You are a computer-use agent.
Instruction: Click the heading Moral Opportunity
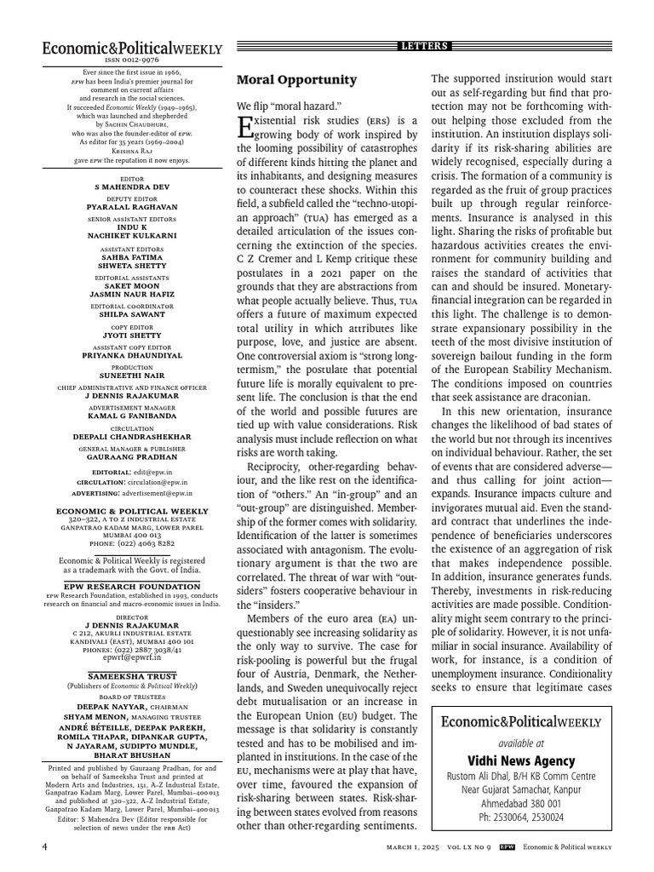click(295, 80)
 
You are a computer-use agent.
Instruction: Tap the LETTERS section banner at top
click(424, 46)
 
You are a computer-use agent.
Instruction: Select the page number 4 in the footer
click(45, 847)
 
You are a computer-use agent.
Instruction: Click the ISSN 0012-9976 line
click(131, 61)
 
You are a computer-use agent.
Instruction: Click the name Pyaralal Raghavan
click(131, 207)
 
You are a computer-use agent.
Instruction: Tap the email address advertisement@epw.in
click(150, 492)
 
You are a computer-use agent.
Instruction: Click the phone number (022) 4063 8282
click(131, 542)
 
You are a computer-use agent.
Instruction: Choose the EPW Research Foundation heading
click(131, 587)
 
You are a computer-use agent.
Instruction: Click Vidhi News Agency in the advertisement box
click(521, 760)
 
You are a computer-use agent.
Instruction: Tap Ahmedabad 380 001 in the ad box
click(521, 803)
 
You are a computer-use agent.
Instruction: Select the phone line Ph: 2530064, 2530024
click(521, 817)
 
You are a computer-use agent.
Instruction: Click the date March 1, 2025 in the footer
click(411, 847)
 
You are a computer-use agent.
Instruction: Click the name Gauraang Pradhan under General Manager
click(131, 456)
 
